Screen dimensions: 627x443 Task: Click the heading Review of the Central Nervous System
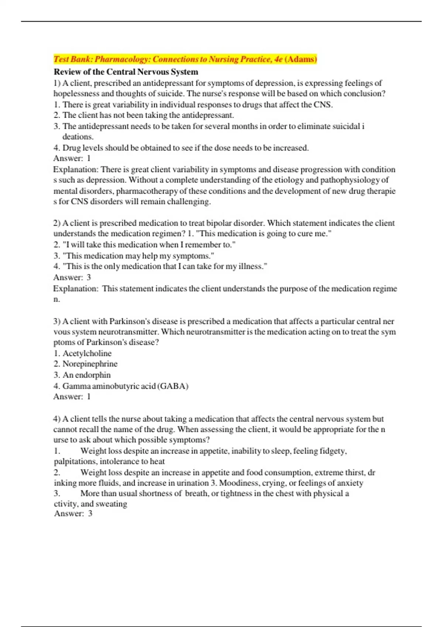126,72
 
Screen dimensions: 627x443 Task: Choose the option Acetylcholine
87,353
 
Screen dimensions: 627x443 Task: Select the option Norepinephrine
90,364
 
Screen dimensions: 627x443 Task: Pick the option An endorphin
86,375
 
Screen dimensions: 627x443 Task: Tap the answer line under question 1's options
72,159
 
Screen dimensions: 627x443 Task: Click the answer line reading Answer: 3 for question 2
72,277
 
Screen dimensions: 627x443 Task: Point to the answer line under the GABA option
72,397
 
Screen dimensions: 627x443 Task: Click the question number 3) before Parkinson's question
57,322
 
